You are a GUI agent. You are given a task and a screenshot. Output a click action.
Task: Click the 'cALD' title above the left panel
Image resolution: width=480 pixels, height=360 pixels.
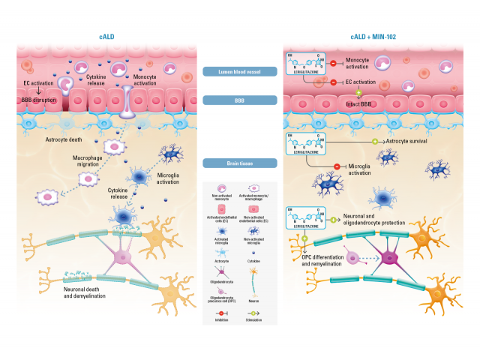(106, 35)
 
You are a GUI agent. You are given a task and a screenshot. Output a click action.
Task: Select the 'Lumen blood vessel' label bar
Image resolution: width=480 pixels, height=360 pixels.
(240, 72)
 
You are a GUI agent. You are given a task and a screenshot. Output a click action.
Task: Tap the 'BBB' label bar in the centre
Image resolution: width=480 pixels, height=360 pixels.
(240, 100)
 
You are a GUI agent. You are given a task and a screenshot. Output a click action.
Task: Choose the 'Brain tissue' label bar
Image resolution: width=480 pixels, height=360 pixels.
(240, 163)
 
